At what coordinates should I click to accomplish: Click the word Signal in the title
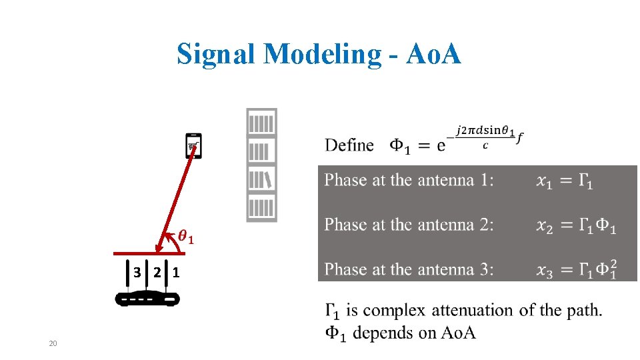coord(217,54)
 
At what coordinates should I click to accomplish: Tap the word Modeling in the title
coord(321,54)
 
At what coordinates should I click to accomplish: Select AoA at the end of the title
coord(431,54)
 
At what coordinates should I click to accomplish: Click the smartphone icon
coord(193,146)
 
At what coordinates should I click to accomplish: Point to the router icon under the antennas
coord(148,299)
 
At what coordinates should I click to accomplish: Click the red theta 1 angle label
coord(186,237)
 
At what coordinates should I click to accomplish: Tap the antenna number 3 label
coord(137,272)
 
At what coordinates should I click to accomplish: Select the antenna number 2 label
coord(156,272)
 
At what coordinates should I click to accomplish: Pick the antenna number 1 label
coord(175,272)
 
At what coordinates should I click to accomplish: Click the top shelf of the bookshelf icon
coord(261,123)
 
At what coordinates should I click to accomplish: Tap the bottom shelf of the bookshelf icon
coord(261,208)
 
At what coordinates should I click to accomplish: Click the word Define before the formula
coord(349,145)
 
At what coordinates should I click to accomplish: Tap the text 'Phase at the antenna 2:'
coord(409,225)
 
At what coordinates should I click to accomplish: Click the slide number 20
coord(53,343)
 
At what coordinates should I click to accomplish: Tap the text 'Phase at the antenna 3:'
coord(409,269)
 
